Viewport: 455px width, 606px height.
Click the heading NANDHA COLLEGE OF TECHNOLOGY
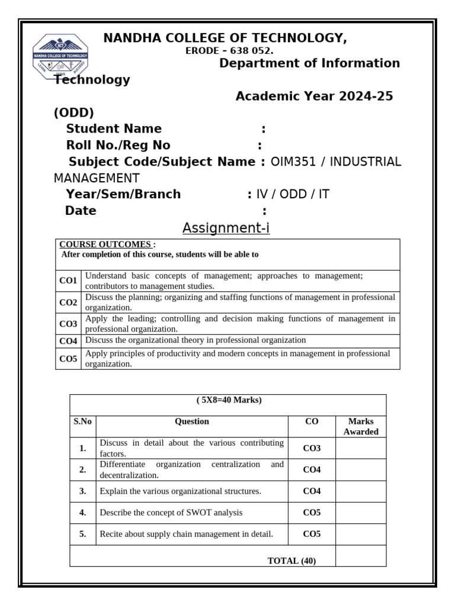(225, 38)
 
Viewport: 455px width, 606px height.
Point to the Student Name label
(114, 128)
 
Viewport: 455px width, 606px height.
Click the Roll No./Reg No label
(118, 145)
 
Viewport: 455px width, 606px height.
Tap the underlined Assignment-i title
(226, 228)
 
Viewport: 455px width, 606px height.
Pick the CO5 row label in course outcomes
(68, 359)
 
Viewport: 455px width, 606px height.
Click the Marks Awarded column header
(361, 427)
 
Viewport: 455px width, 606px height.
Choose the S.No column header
(82, 422)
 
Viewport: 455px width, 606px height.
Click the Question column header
(192, 422)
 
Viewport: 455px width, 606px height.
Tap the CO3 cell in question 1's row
(312, 448)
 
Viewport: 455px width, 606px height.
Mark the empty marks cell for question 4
(361, 512)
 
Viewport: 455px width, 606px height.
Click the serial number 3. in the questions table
(82, 491)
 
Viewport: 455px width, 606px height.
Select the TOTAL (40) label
(291, 560)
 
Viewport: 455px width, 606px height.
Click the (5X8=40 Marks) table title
(229, 400)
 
